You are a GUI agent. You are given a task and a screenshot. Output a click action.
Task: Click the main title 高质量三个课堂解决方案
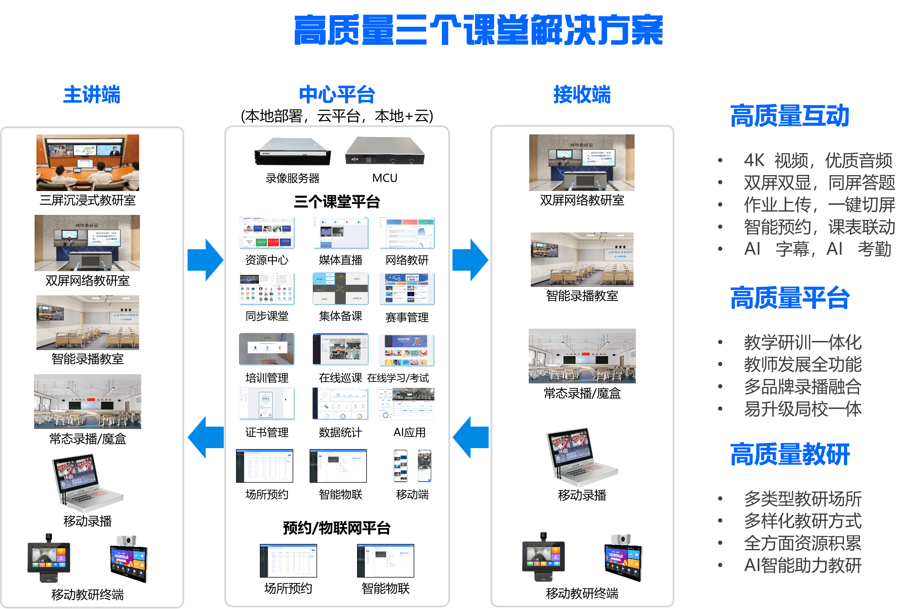478,30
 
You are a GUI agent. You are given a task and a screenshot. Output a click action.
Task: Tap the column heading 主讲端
92,95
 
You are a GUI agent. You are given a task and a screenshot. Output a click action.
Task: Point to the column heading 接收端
582,95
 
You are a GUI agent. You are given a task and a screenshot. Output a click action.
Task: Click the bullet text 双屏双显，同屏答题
819,183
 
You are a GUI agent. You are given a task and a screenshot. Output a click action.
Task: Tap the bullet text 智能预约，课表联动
819,227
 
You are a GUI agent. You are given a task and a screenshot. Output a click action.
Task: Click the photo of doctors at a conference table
88,163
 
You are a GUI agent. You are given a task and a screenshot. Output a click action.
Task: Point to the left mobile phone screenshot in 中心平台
400,466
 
